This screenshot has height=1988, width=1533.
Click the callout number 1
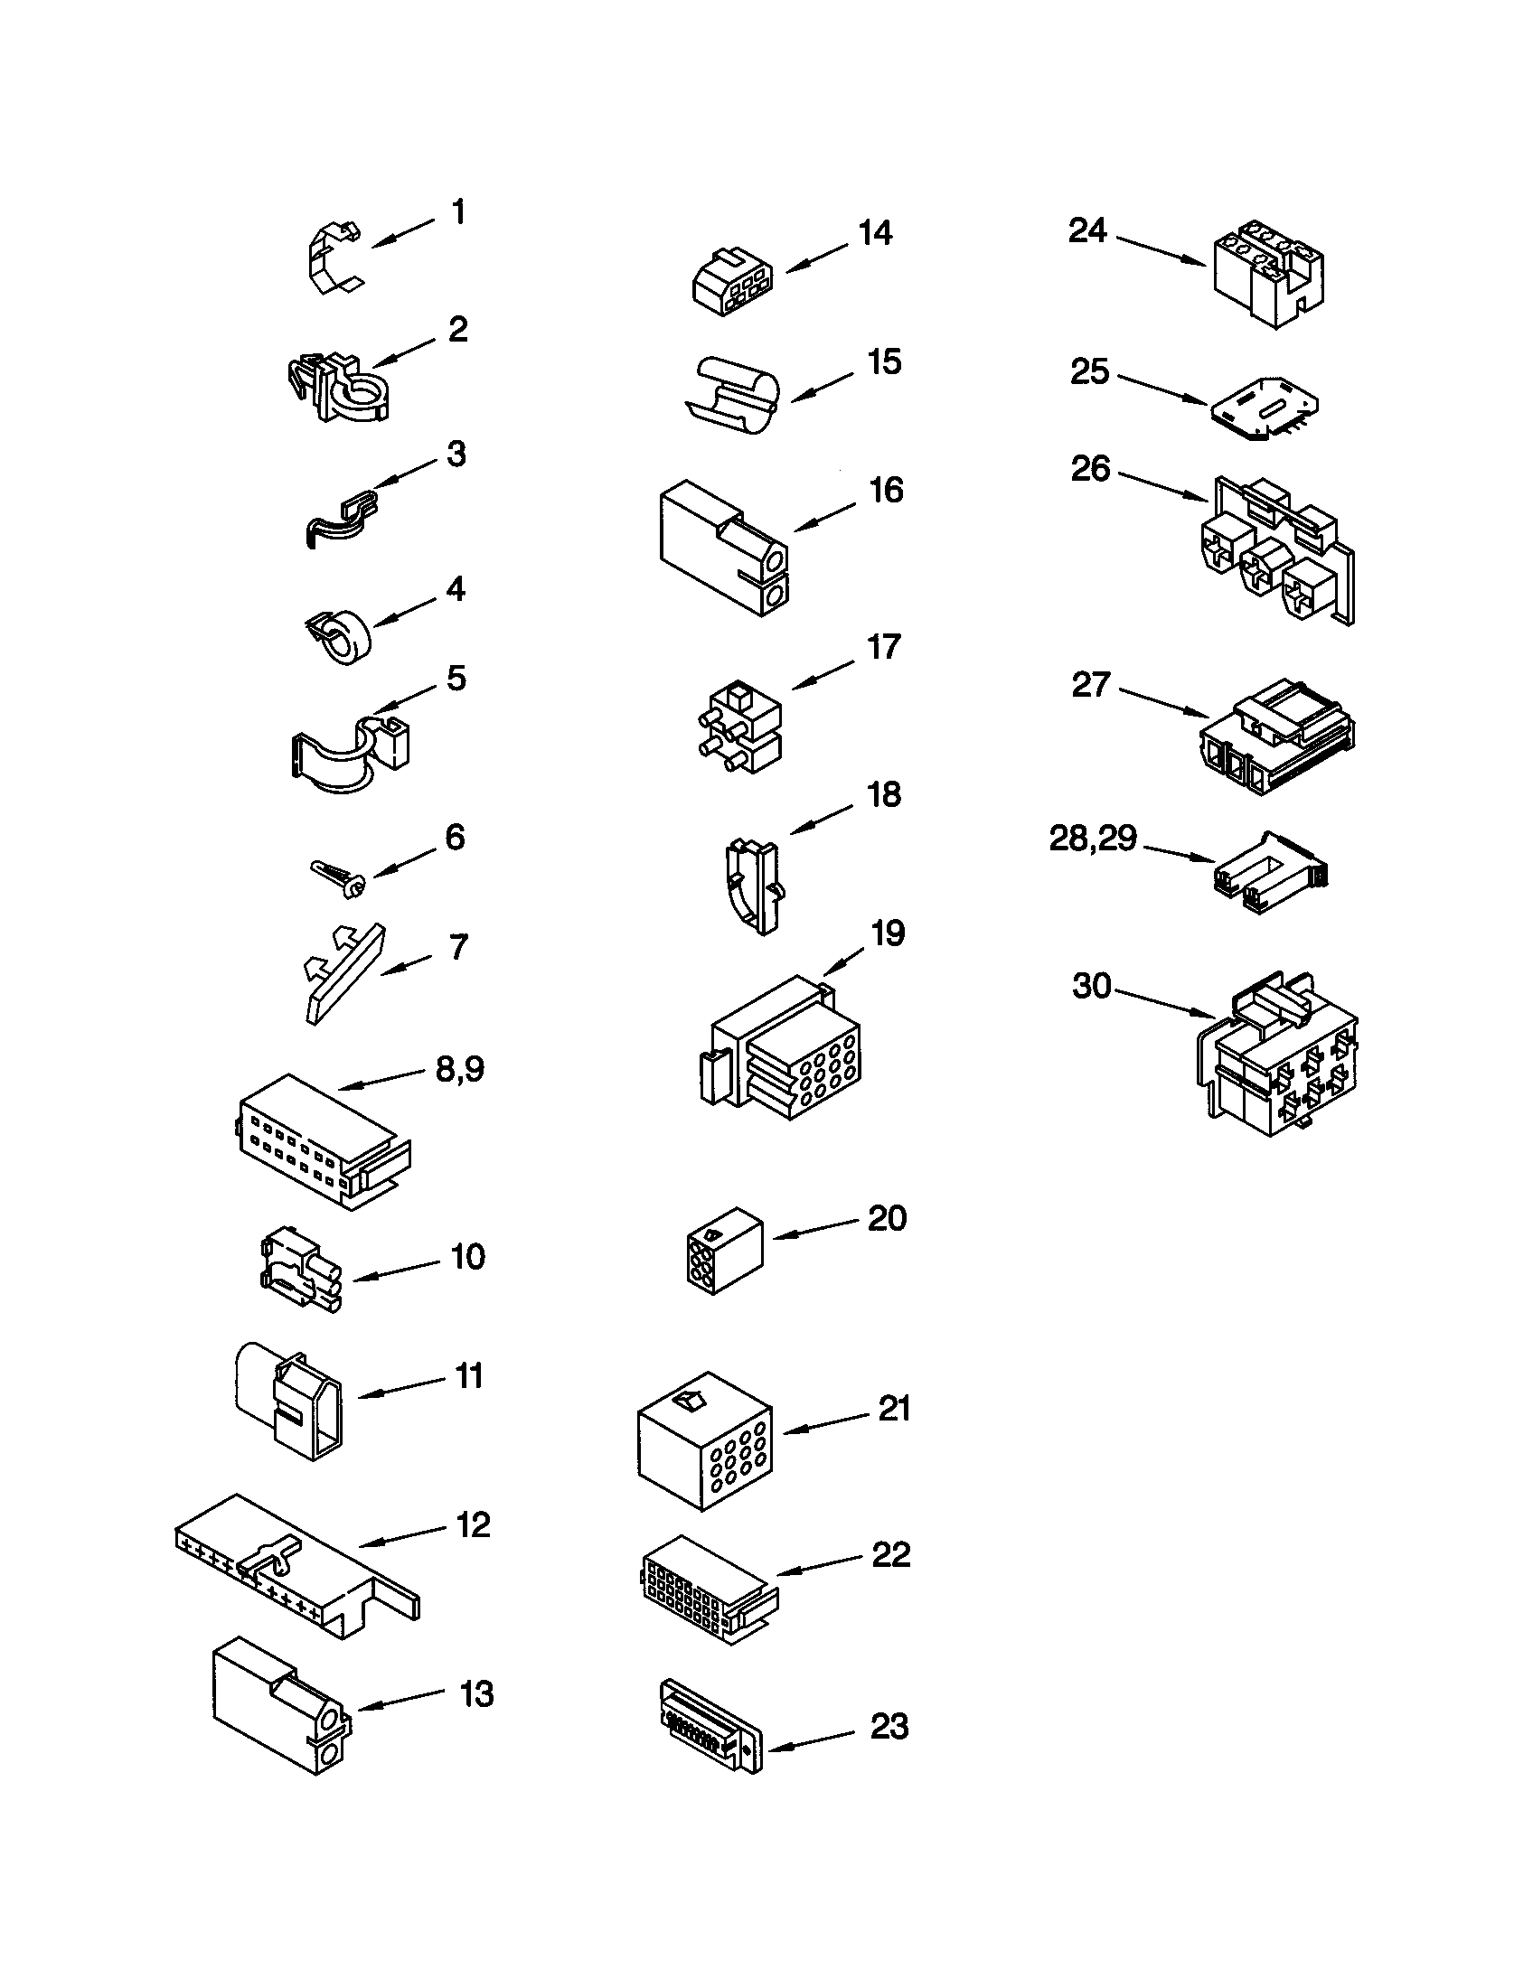coord(459,213)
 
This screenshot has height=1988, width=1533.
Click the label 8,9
coord(460,1069)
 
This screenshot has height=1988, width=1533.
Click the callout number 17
coord(883,647)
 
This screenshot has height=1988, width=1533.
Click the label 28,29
coord(1093,839)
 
